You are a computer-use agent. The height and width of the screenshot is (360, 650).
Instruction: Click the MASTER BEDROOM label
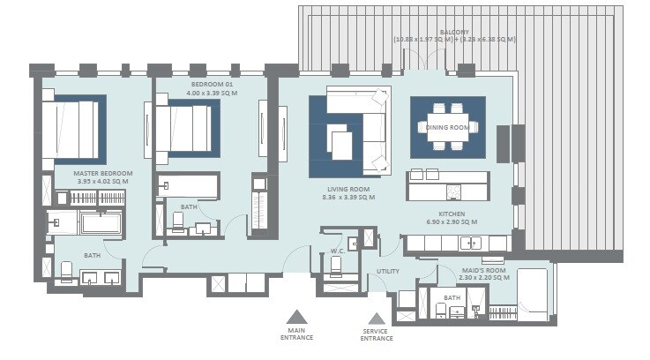[104, 173]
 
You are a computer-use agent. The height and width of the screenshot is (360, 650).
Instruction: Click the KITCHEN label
[445, 213]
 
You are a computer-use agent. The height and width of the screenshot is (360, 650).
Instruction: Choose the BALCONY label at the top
[454, 32]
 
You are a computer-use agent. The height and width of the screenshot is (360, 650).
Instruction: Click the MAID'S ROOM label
[483, 270]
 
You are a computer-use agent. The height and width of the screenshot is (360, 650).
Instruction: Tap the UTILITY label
[388, 272]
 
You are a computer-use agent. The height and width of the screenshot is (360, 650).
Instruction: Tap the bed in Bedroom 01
[186, 128]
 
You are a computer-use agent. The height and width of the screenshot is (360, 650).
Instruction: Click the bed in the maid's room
[533, 290]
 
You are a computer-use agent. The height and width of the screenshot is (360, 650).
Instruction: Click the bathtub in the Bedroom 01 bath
[189, 186]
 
